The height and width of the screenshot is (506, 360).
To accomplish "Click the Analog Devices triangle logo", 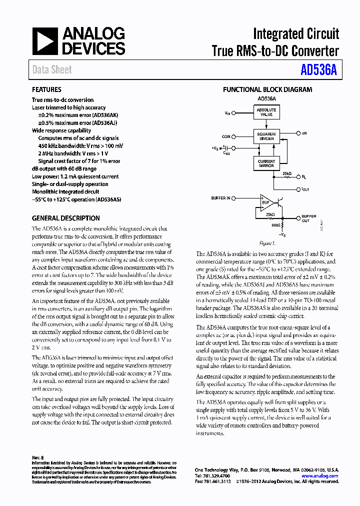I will (x=45, y=41).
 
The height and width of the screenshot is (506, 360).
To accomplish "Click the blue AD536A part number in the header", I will (x=318, y=70).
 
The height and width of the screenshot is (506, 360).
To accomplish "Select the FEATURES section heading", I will (x=46, y=90).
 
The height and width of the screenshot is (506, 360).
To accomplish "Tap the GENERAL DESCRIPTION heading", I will (x=65, y=218).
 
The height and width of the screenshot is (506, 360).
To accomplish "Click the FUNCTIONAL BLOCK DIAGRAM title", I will (x=267, y=90).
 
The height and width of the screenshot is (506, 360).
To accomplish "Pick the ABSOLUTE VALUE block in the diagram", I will (x=266, y=111).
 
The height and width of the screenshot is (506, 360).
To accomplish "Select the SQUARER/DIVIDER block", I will (x=266, y=136).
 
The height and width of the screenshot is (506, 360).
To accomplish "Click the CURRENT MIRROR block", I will (x=266, y=163).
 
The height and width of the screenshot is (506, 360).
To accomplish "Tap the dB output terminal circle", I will (x=298, y=134).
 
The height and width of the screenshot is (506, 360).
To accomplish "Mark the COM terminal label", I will (x=226, y=136).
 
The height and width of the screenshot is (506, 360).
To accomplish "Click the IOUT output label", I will (x=306, y=189).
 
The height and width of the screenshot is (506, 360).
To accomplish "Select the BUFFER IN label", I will (x=220, y=198).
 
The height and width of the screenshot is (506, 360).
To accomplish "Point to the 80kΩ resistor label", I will (x=275, y=225).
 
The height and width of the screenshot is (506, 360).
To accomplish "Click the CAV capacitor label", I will (x=226, y=153).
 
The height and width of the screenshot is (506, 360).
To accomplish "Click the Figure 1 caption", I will (x=266, y=243).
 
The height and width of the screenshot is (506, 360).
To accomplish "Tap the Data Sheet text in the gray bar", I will (x=52, y=70).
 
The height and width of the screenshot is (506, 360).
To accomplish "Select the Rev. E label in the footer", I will (x=38, y=458).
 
